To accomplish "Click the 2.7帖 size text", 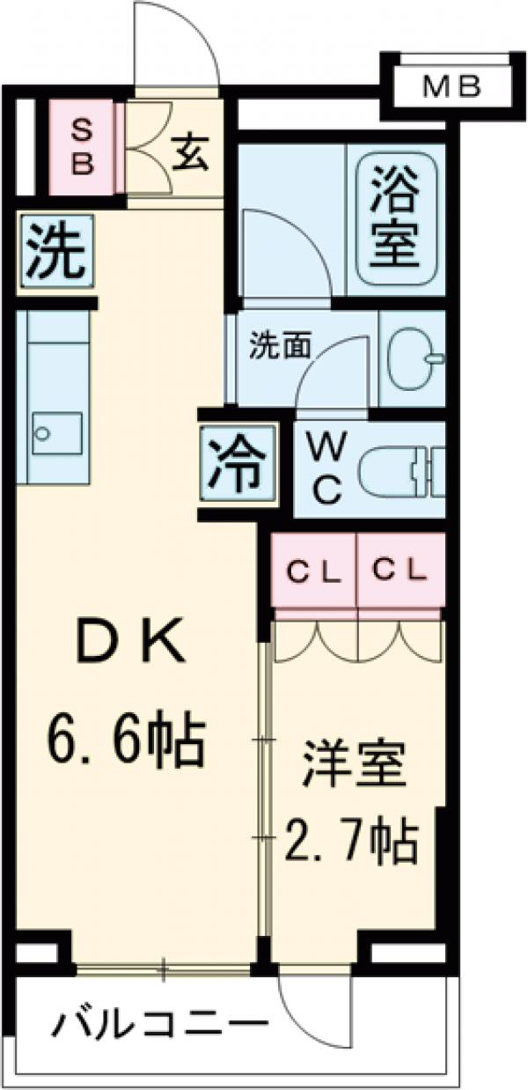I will (350, 843).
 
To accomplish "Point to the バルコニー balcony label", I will (159, 1025).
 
